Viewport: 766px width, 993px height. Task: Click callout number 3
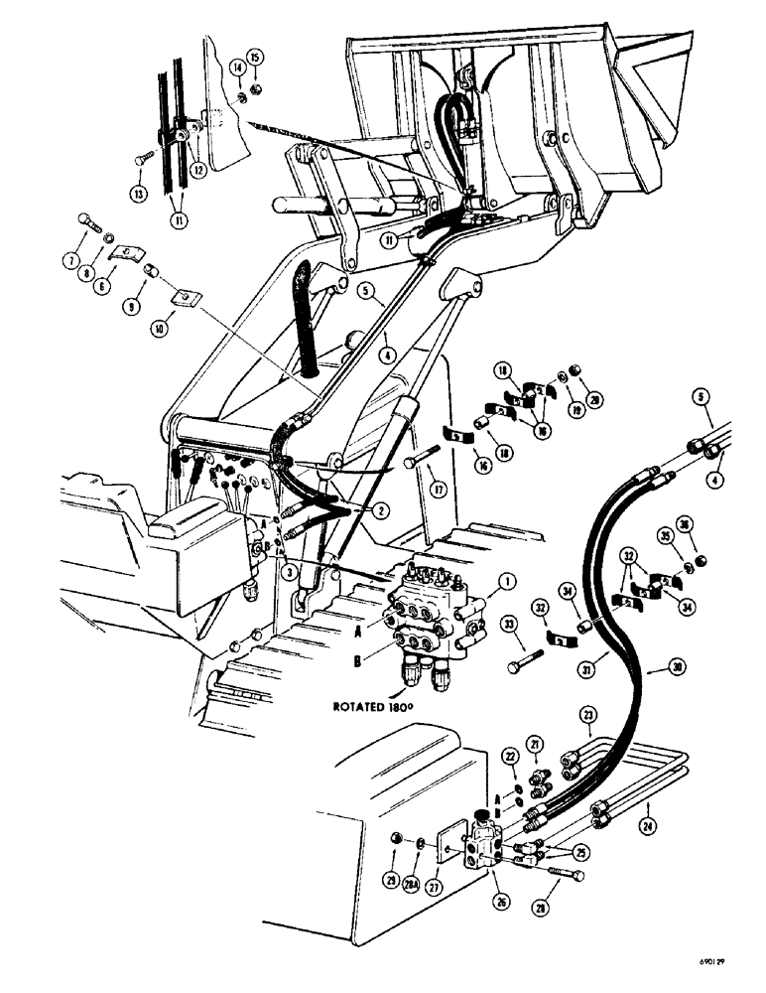point(286,572)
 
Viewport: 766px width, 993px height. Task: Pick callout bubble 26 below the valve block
point(499,899)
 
